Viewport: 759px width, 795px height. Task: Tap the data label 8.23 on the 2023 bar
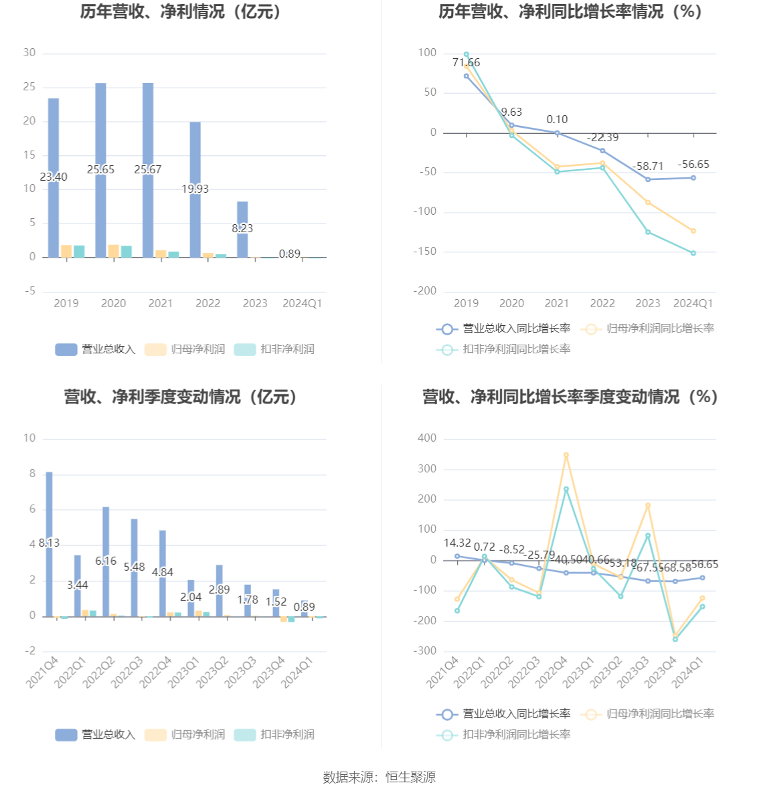242,228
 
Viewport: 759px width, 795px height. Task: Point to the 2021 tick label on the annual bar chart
161,303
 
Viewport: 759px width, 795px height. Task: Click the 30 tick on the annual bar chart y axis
29,53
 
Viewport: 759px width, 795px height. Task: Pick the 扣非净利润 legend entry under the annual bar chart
274,349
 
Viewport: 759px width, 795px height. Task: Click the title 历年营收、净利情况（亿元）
181,11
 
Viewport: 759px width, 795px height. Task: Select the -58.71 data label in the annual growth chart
648,166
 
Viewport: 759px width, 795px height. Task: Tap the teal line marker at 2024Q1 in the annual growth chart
693,253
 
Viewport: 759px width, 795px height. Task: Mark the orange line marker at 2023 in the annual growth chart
648,202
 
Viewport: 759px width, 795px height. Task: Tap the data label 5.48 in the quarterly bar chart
134,567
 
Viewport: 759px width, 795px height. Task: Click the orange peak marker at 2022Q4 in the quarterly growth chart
566,455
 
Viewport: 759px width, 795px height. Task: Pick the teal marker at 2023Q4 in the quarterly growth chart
675,639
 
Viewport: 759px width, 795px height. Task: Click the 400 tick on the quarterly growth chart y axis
427,438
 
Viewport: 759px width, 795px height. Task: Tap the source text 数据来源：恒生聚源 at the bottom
379,777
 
